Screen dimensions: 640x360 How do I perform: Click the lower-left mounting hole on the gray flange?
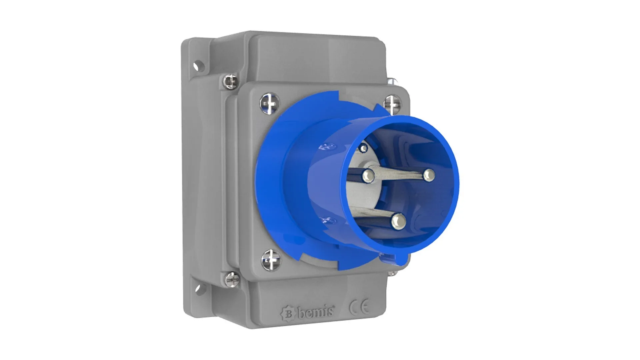tap(199, 289)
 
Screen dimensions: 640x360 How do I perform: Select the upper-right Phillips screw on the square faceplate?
tap(392, 103)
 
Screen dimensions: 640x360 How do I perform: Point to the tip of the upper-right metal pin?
tap(429, 174)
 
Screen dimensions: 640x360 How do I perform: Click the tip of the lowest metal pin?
tap(399, 221)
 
